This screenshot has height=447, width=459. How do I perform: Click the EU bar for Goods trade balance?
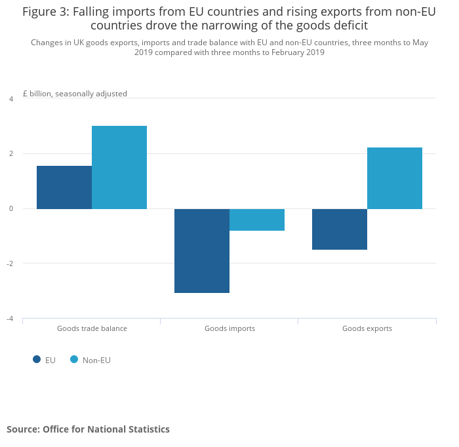tap(64, 187)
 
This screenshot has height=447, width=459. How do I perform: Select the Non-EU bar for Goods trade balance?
tap(119, 167)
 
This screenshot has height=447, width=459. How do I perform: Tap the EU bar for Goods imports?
tap(202, 250)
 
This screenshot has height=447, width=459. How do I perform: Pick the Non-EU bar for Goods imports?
tap(257, 220)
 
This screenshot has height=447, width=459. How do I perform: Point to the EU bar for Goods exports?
tap(340, 229)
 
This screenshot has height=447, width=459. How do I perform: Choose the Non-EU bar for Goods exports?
tap(395, 178)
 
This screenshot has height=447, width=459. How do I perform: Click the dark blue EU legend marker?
tap(37, 359)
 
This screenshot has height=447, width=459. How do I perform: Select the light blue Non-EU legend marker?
tap(74, 359)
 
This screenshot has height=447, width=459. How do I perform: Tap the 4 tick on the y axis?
tap(10, 99)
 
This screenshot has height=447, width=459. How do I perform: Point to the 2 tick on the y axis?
tap(10, 154)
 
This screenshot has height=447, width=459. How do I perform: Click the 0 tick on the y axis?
tap(10, 209)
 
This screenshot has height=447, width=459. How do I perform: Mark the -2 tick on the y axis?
tap(10, 263)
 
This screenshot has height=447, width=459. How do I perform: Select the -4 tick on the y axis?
tap(10, 319)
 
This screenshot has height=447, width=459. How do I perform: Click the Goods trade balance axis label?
tap(92, 328)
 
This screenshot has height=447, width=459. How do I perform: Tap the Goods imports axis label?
tap(229, 328)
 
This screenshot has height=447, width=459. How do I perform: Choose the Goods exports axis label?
tap(367, 328)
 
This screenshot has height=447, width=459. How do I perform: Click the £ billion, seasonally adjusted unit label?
tap(75, 94)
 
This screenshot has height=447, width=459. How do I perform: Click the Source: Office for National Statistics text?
tap(88, 429)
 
